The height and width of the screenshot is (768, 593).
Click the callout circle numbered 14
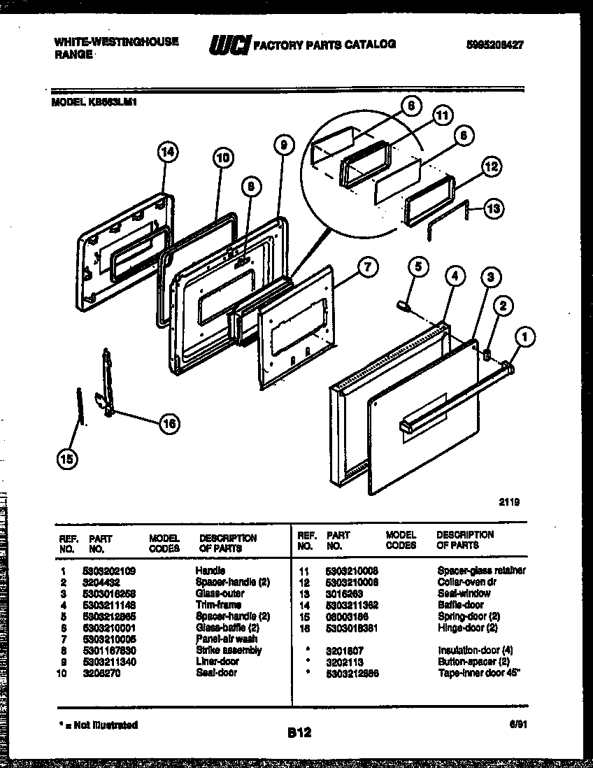[x=169, y=151]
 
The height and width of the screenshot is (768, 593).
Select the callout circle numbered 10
[x=222, y=158]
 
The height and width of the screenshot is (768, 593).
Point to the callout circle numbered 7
[x=369, y=266]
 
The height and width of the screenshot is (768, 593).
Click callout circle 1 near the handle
[x=524, y=339]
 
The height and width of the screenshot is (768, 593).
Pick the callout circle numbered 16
[x=169, y=423]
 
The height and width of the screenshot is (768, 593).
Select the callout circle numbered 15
[x=67, y=459]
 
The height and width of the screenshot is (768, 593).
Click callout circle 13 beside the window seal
[x=493, y=208]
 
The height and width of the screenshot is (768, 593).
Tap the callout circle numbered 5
[x=417, y=266]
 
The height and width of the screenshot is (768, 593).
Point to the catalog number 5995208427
[x=494, y=45]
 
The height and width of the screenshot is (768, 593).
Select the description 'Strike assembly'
[x=228, y=650]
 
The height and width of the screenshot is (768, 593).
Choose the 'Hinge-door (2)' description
[x=467, y=627]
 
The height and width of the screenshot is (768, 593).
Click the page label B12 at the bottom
[x=299, y=732]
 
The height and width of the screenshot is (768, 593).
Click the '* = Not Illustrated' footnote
[x=96, y=725]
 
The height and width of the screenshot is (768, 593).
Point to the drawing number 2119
[x=509, y=501]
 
